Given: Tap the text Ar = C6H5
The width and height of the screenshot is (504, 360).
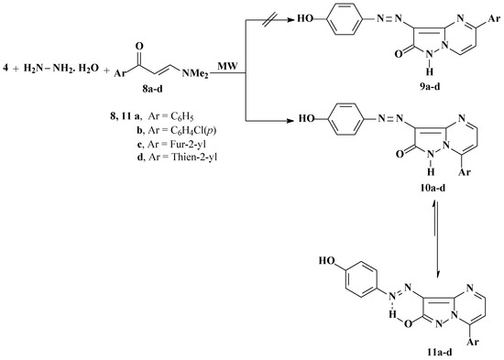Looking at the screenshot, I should tap(122, 109).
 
